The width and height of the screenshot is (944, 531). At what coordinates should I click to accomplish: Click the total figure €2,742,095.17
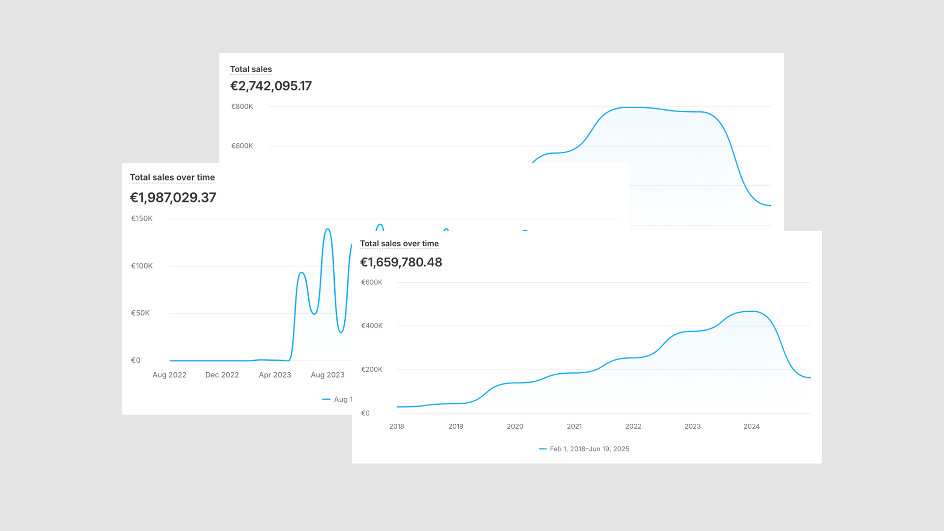pos(271,86)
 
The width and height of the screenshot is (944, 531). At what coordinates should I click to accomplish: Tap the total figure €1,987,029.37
pos(173,198)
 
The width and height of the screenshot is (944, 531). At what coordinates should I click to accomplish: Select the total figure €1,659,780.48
pos(401,262)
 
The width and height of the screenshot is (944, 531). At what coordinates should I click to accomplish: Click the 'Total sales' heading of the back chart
pos(251,69)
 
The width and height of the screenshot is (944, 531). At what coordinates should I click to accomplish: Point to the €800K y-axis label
pos(242,107)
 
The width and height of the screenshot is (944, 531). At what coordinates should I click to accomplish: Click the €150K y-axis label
pos(142,219)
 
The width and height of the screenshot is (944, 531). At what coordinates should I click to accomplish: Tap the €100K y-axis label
pos(142,266)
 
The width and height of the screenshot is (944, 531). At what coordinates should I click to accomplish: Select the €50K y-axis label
pos(140,313)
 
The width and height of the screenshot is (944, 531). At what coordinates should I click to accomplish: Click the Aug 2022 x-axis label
pos(170,375)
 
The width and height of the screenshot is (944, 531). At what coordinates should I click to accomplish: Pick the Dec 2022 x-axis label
pos(222,375)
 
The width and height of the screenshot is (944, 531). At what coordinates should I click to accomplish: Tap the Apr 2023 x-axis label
pos(275,375)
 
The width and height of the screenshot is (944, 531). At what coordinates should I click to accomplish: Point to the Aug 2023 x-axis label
pos(327,375)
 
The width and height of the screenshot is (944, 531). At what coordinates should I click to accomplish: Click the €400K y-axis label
pos(372,325)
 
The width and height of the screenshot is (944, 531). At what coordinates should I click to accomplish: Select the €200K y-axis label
pos(372,369)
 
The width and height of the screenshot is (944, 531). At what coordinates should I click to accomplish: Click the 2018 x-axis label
pos(397,426)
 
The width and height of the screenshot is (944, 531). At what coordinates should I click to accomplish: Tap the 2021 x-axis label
pos(574,426)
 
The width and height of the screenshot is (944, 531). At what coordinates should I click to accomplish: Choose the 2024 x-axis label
pos(752,426)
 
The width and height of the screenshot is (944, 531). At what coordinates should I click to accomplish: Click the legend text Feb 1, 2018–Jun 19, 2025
pos(590,449)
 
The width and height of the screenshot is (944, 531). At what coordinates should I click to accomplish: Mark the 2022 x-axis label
pos(633,426)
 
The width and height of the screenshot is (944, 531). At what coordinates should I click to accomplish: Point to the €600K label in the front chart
pos(372,282)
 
